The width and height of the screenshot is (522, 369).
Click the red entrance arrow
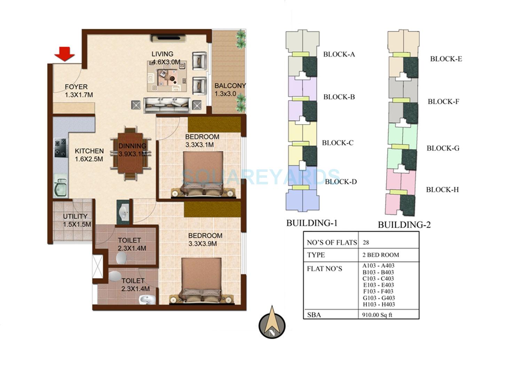(64, 54)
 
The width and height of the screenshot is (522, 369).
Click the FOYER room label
(76, 87)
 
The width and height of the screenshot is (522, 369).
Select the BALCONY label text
(230, 86)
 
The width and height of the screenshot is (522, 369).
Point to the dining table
(130, 153)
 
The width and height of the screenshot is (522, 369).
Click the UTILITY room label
(75, 216)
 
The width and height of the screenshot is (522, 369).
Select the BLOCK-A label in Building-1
(339, 54)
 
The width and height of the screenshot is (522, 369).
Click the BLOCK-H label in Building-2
(442, 190)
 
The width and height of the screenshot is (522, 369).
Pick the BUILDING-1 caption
(311, 223)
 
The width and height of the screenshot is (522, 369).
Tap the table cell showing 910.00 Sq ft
(378, 315)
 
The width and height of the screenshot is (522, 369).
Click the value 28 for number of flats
(366, 242)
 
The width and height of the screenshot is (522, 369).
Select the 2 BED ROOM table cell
(381, 255)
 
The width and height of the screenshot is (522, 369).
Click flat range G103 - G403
(379, 298)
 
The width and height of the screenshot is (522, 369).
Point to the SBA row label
(314, 315)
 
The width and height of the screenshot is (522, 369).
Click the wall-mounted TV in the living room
(168, 38)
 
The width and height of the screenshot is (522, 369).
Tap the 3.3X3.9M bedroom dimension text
(203, 244)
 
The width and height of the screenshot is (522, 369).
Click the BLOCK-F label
(443, 102)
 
